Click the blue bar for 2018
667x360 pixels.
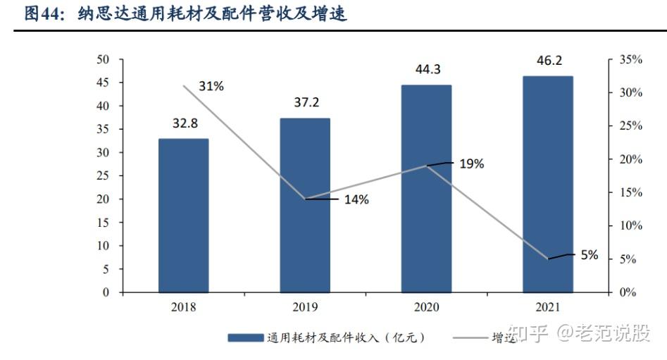[183, 215]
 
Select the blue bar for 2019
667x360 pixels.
[305, 205]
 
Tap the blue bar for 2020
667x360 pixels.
[426, 188]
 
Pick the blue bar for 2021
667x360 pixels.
[547, 184]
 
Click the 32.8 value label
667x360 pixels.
[185, 123]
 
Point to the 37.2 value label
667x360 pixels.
[306, 103]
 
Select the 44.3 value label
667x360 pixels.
[427, 70]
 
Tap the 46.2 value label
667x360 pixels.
[549, 61]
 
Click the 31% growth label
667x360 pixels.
[211, 86]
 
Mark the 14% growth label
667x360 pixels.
[356, 199]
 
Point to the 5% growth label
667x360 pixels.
[589, 255]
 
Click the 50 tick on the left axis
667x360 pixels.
[103, 60]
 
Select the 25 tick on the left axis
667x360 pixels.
[103, 176]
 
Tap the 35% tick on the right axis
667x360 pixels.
[630, 60]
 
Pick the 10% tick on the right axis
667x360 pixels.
[630, 225]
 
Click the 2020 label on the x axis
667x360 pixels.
[426, 307]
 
